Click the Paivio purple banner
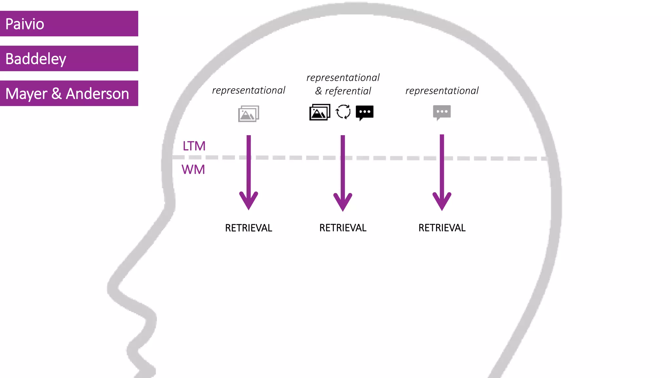point(69,24)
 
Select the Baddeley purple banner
point(69,58)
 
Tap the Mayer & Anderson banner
point(69,93)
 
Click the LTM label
point(194,146)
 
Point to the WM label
point(193,169)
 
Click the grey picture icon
point(248,114)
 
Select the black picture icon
point(319,112)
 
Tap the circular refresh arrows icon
point(343,112)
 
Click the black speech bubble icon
point(365,113)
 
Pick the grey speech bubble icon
point(442,112)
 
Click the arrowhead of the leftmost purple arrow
point(249,201)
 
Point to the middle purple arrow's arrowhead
point(343,202)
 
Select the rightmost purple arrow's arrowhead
point(442,201)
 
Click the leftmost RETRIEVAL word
point(248,228)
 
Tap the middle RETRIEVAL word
point(343,228)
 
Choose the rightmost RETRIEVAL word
point(442,228)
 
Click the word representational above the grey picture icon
point(248,90)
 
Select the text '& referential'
point(343,91)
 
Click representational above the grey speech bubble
point(442,91)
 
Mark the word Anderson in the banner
point(97,94)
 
